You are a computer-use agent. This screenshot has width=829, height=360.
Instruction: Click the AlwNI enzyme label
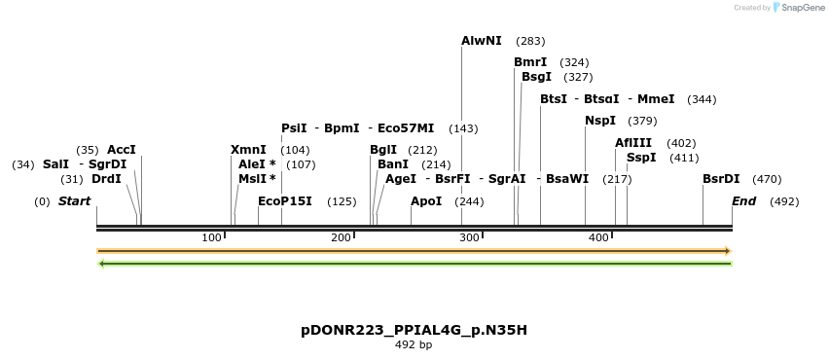click(482, 41)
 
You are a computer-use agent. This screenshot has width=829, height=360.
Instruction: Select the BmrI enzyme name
click(530, 62)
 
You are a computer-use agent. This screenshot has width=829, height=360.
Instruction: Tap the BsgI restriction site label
click(536, 77)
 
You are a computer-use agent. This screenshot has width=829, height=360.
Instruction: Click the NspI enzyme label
click(600, 121)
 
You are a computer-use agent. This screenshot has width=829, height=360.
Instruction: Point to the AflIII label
click(633, 143)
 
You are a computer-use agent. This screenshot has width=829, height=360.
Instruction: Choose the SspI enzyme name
click(641, 158)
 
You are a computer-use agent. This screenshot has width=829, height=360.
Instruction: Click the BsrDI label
click(721, 179)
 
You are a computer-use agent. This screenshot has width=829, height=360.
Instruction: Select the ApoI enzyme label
click(426, 201)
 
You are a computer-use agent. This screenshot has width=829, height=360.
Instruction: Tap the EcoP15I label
click(285, 201)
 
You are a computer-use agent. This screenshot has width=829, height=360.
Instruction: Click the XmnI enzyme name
click(248, 150)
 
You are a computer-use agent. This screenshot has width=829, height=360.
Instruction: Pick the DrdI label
click(106, 179)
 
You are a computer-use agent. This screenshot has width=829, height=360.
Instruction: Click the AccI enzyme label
click(122, 150)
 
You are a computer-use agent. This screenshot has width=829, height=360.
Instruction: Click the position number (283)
click(530, 41)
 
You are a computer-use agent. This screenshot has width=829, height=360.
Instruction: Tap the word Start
click(75, 201)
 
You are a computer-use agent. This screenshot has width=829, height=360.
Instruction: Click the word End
click(743, 201)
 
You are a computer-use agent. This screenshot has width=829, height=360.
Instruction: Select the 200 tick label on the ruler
click(341, 238)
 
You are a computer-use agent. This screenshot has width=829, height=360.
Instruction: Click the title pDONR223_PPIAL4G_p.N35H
click(414, 330)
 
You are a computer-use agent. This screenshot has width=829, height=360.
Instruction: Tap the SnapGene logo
click(798, 8)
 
